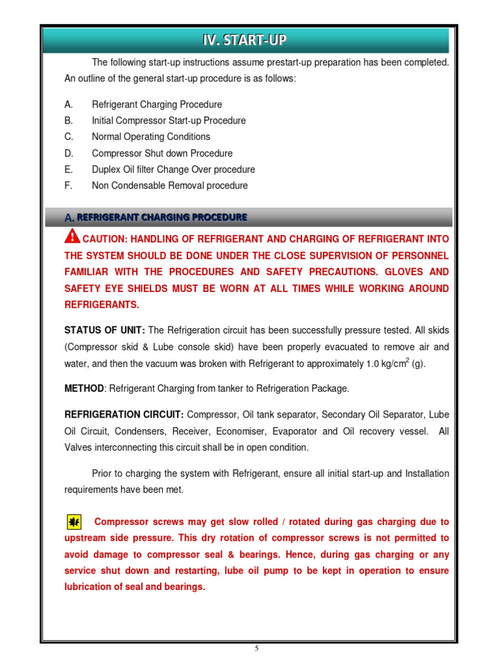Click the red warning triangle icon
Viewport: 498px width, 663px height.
(x=73, y=237)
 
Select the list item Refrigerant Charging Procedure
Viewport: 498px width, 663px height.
(x=156, y=104)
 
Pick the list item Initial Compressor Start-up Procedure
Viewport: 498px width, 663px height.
(x=169, y=120)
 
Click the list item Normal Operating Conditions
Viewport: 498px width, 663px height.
(x=150, y=137)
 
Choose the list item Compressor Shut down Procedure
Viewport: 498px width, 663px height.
(x=161, y=153)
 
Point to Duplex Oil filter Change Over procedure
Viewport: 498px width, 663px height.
(x=173, y=170)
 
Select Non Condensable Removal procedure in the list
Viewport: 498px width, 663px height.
(x=169, y=186)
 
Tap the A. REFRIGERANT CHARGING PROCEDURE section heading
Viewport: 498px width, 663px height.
(x=156, y=217)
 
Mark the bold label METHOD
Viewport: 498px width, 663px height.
(x=84, y=388)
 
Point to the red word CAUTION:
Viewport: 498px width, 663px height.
(x=107, y=239)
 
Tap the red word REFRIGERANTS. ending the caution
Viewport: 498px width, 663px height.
(x=101, y=304)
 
